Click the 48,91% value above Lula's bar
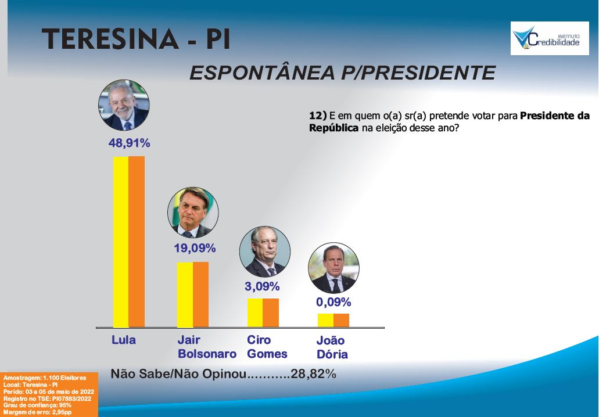click(x=129, y=143)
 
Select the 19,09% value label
click(x=195, y=249)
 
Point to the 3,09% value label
click(x=262, y=286)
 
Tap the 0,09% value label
click(x=333, y=302)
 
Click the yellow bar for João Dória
click(x=325, y=320)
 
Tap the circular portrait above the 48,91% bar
click(x=124, y=105)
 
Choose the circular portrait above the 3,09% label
click(x=265, y=251)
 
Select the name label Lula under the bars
click(x=124, y=340)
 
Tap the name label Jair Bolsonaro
click(x=207, y=347)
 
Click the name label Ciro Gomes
click(x=267, y=347)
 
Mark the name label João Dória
click(x=332, y=347)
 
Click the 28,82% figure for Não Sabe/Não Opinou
click(x=314, y=373)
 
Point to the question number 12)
click(x=318, y=116)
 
